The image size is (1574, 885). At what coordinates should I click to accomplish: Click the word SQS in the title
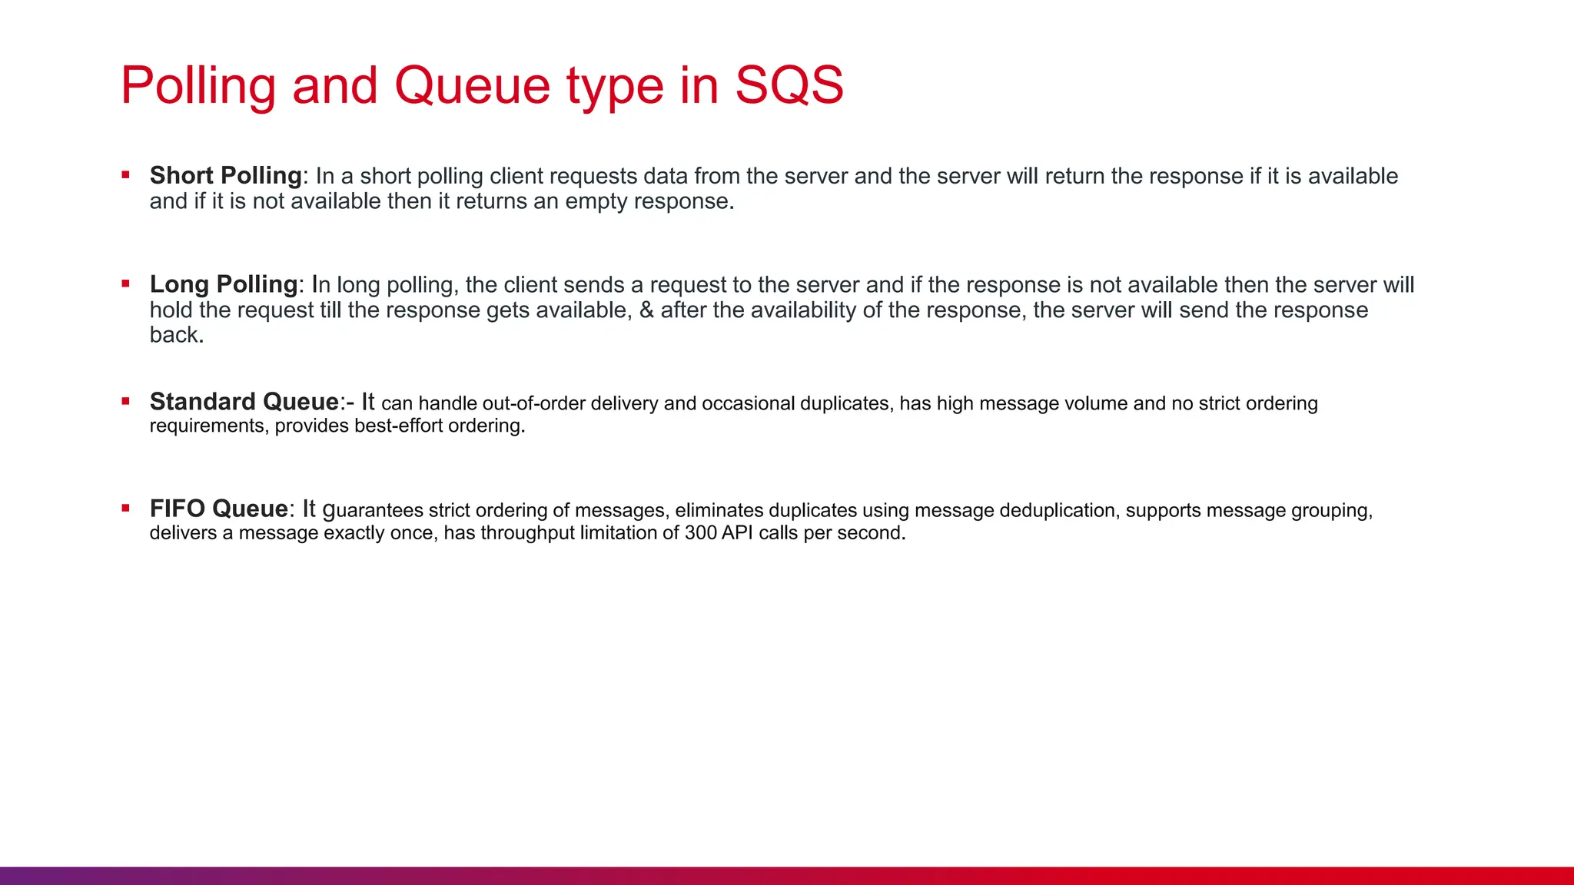pyautogui.click(x=789, y=85)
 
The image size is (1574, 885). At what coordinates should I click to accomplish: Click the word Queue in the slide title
pyautogui.click(x=472, y=85)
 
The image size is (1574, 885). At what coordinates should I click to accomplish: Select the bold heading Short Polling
pyautogui.click(x=225, y=176)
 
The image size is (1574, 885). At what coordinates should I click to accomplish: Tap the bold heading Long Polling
pyautogui.click(x=223, y=284)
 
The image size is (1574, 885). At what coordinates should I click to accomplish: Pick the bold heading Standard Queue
pyautogui.click(x=244, y=402)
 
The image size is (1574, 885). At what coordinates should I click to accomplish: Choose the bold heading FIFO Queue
pyautogui.click(x=218, y=509)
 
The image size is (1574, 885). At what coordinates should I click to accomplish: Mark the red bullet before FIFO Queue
pyautogui.click(x=125, y=509)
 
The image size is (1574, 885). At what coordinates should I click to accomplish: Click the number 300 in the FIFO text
pyautogui.click(x=700, y=533)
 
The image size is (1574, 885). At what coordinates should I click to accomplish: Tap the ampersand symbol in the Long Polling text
pyautogui.click(x=646, y=310)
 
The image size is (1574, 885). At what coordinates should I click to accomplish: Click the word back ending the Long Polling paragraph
pyautogui.click(x=175, y=335)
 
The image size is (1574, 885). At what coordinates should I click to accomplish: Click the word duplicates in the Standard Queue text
pyautogui.click(x=844, y=404)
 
